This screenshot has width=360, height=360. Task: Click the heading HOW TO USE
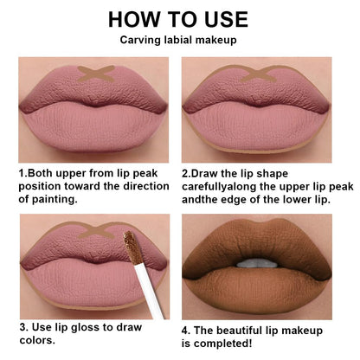pyautogui.click(x=179, y=18)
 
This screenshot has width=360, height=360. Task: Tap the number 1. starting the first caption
pyautogui.click(x=22, y=172)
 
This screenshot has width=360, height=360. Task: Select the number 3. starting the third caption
pyautogui.click(x=24, y=327)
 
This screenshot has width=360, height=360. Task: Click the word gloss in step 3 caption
pyautogui.click(x=100, y=327)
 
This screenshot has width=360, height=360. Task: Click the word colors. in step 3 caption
pyautogui.click(x=39, y=340)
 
